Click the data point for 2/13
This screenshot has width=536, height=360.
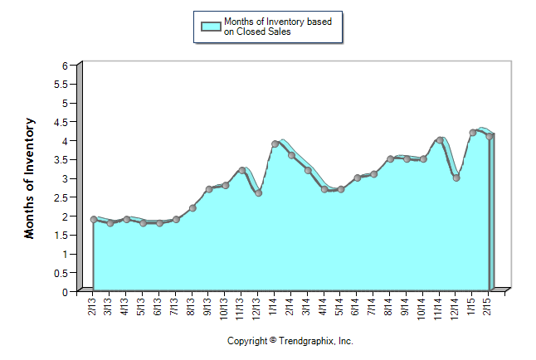click(94, 220)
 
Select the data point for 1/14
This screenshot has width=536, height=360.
click(275, 144)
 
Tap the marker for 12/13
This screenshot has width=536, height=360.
click(259, 193)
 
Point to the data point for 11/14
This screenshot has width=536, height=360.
click(440, 140)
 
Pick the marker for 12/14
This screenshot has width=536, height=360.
click(456, 178)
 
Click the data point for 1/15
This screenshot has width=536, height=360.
click(473, 133)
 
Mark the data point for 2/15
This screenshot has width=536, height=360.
click(490, 137)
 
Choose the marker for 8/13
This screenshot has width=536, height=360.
click(192, 208)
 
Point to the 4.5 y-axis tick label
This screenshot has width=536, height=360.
click(60, 122)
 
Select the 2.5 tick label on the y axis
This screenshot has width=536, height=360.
click(60, 197)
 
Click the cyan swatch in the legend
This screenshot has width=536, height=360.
click(211, 27)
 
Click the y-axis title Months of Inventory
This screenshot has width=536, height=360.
click(30, 178)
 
